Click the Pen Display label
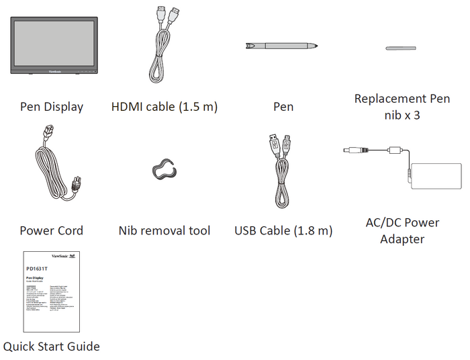51,106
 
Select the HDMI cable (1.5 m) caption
164,106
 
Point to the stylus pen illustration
282,46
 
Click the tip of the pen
316,46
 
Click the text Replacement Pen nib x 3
402,106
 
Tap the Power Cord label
52,230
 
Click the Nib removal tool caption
164,230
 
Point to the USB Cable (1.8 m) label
283,230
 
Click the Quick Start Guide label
52,347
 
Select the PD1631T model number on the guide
38,267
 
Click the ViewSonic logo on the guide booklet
64,256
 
